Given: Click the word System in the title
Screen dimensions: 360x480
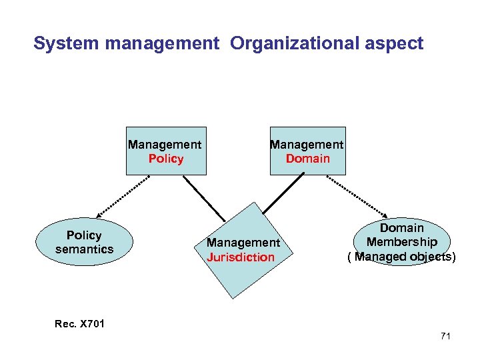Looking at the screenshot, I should (x=58, y=44).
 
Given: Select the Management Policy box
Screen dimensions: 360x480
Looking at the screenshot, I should (x=166, y=151).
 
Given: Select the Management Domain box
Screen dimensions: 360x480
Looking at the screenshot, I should (x=307, y=151).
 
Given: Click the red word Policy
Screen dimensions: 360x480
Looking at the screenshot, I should (x=166, y=159).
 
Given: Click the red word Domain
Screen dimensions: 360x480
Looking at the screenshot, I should (x=307, y=159).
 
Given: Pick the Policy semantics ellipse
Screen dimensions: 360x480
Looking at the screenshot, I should (x=85, y=242).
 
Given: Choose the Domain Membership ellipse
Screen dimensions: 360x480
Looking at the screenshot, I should (x=401, y=242).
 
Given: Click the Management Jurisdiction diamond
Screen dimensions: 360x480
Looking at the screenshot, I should (x=243, y=250).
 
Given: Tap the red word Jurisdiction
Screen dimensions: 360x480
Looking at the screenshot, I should (x=241, y=257).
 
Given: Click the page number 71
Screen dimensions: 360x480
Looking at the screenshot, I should (x=445, y=336).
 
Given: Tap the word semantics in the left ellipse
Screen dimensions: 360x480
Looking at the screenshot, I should (x=85, y=249).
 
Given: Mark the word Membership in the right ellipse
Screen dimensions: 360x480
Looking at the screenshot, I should (x=401, y=242).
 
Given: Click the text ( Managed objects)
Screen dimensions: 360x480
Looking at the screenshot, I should (x=401, y=256).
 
